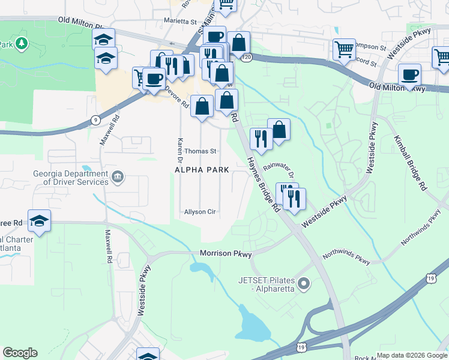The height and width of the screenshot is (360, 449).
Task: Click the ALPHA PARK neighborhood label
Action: [x=202, y=170]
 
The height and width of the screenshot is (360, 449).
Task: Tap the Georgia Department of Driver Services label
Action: [x=71, y=178]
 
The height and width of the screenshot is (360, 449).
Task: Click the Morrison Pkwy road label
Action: [x=225, y=254]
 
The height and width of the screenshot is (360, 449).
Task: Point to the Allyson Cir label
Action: [x=200, y=212]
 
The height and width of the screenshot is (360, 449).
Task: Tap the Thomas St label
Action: [x=200, y=151]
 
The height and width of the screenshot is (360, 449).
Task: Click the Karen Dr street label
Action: [x=179, y=151]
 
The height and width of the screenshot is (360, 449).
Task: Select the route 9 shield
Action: [x=95, y=120]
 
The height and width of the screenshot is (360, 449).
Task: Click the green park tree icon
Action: [x=22, y=44]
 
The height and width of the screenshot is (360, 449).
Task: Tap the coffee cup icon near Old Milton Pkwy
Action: [x=409, y=75]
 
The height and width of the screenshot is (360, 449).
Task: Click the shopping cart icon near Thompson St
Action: [x=344, y=49]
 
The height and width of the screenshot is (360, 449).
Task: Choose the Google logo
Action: [x=20, y=353]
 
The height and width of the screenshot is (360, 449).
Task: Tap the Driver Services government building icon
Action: [x=118, y=177]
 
